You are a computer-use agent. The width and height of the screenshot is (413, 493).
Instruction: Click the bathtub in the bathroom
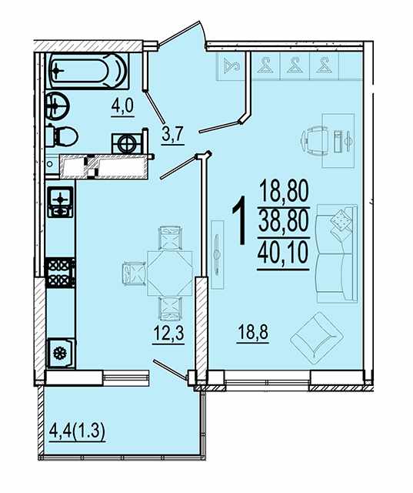click(x=87, y=71)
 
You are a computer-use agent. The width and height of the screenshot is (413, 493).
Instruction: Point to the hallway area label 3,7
click(x=172, y=136)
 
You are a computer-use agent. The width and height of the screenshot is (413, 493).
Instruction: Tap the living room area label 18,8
click(x=253, y=333)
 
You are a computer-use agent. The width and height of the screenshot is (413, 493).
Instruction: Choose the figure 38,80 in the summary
click(x=284, y=221)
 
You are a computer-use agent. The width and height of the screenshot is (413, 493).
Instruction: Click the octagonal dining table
click(x=170, y=273)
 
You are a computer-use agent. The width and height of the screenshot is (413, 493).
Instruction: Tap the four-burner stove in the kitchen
click(x=60, y=273)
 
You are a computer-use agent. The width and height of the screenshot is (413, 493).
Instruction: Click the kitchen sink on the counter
click(x=60, y=202)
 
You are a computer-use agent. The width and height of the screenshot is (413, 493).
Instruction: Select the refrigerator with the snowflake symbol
click(x=61, y=353)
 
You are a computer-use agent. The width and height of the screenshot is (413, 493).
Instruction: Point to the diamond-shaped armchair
click(x=318, y=338)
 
